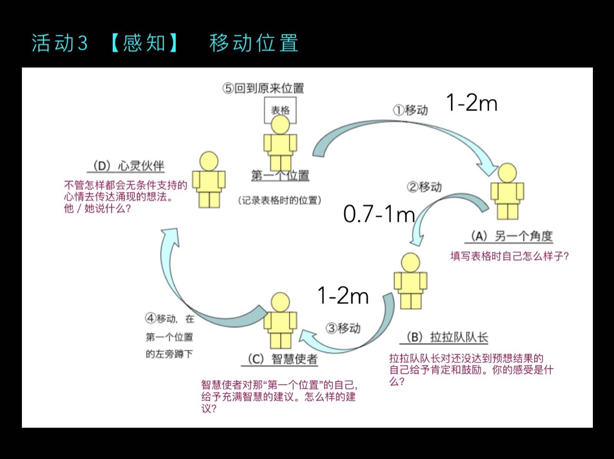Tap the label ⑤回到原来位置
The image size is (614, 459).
pos(263,88)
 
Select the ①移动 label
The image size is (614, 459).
pos(410,110)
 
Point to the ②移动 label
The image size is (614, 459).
pos(424,187)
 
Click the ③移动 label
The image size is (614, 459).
pos(343,328)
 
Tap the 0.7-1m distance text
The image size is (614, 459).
pos(379,214)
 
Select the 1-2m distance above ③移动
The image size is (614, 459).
pos(343,296)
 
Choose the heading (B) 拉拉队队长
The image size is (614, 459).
pos(446,337)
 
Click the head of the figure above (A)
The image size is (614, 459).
pos(507,173)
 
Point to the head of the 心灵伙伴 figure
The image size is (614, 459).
pos(209,161)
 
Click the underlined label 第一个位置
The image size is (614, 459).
pos(280,176)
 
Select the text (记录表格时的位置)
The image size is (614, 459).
pos(279,200)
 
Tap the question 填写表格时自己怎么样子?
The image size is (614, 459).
pos(509,256)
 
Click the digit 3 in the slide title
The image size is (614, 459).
pos(83,44)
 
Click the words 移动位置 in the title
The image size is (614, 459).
pos(254,43)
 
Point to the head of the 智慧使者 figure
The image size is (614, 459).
pos(280,302)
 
